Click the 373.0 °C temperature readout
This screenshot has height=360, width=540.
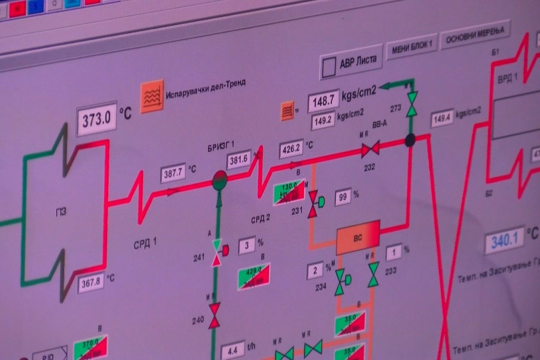(x=96, y=120)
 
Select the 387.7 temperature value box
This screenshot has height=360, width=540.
(x=173, y=173)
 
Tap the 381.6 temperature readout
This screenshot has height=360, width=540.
(x=238, y=160)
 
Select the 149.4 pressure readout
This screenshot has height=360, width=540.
(x=441, y=118)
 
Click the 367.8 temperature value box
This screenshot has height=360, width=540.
(x=90, y=283)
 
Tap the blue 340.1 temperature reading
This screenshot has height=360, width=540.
(x=504, y=239)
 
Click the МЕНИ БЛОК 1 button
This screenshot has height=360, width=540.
(x=410, y=49)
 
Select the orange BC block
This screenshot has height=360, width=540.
(x=358, y=237)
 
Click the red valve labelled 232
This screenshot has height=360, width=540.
(x=370, y=147)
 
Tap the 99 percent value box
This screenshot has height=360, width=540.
(x=344, y=197)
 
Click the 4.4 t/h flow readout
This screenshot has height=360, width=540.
(x=232, y=350)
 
